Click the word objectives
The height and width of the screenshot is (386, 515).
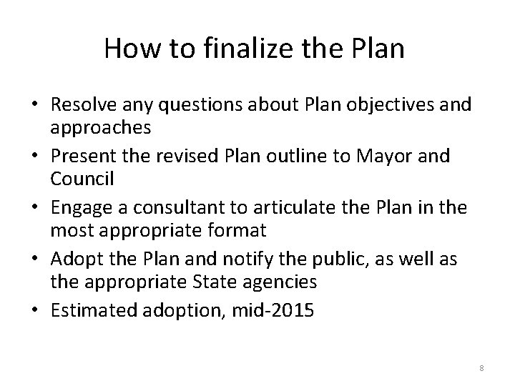tap(395, 105)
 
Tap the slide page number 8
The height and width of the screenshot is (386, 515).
tap(481, 368)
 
